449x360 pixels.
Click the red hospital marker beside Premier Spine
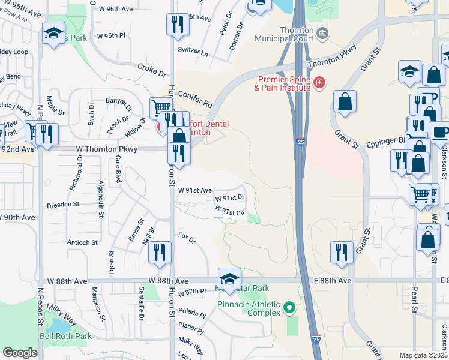tap(319, 82)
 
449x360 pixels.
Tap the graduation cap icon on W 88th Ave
tap(229, 278)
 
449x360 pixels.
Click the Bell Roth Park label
tap(65, 336)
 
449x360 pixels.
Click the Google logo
tap(20, 353)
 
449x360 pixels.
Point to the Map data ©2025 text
tap(423, 355)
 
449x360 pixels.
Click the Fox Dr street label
tap(187, 238)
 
